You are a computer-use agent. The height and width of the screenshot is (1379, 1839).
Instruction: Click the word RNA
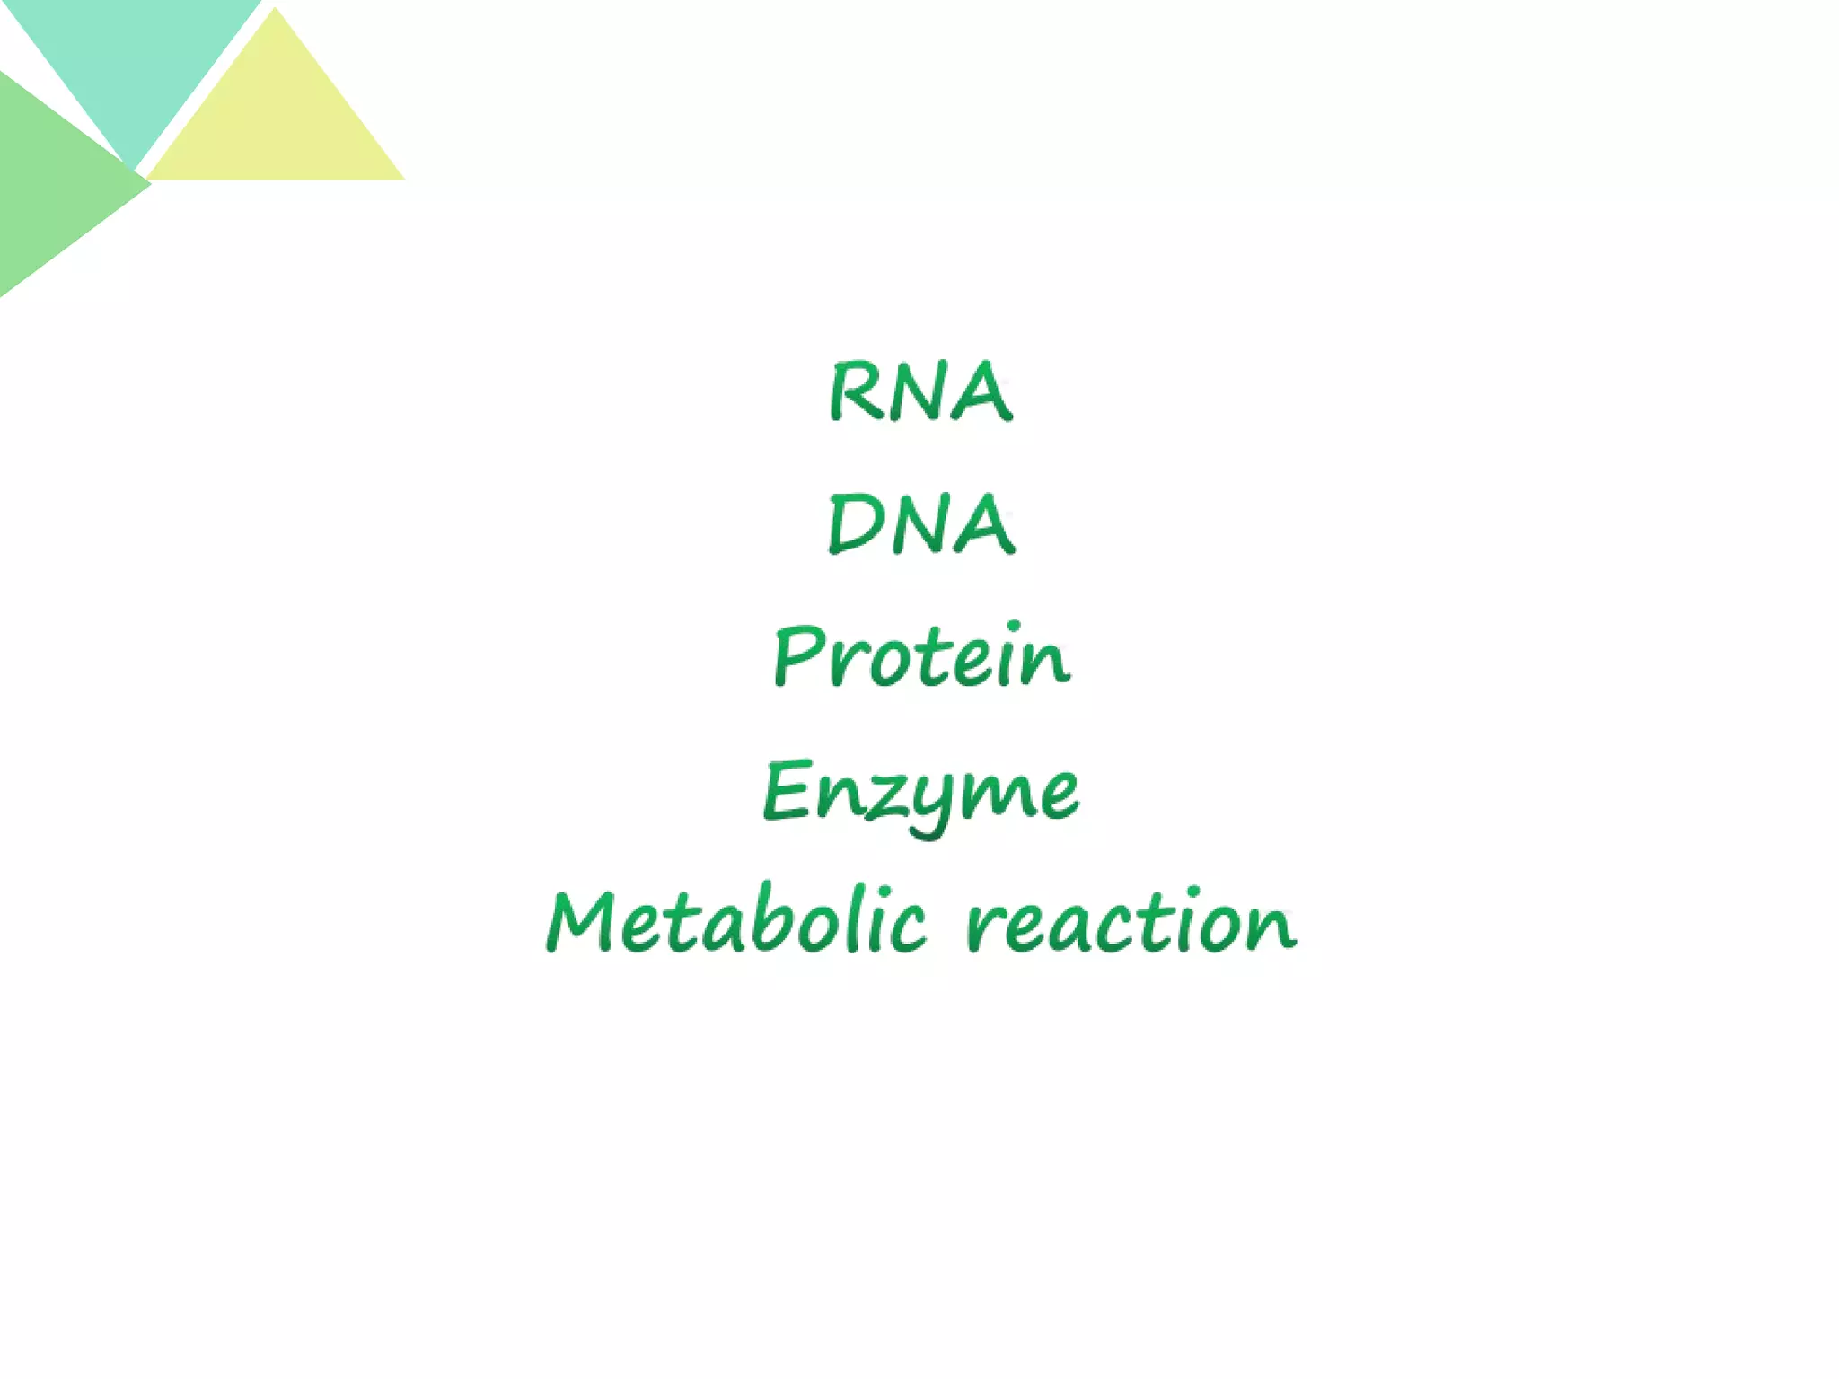tap(920, 391)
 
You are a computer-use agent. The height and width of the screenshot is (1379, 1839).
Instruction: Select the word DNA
tap(920, 524)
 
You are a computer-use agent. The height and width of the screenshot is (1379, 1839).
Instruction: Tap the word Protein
tap(922, 656)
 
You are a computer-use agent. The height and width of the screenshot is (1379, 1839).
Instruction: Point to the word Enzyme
tap(921, 792)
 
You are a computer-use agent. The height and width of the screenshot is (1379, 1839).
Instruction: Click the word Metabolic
tap(736, 922)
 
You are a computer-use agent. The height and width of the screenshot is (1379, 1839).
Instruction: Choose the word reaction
tap(1131, 922)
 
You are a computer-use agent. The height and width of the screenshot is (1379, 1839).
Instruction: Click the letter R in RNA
tap(853, 391)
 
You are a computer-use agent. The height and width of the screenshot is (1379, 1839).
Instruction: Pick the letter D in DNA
tap(853, 524)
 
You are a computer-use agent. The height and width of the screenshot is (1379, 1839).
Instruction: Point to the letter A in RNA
tap(983, 393)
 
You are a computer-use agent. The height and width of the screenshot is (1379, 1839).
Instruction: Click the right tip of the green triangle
tap(149, 184)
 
